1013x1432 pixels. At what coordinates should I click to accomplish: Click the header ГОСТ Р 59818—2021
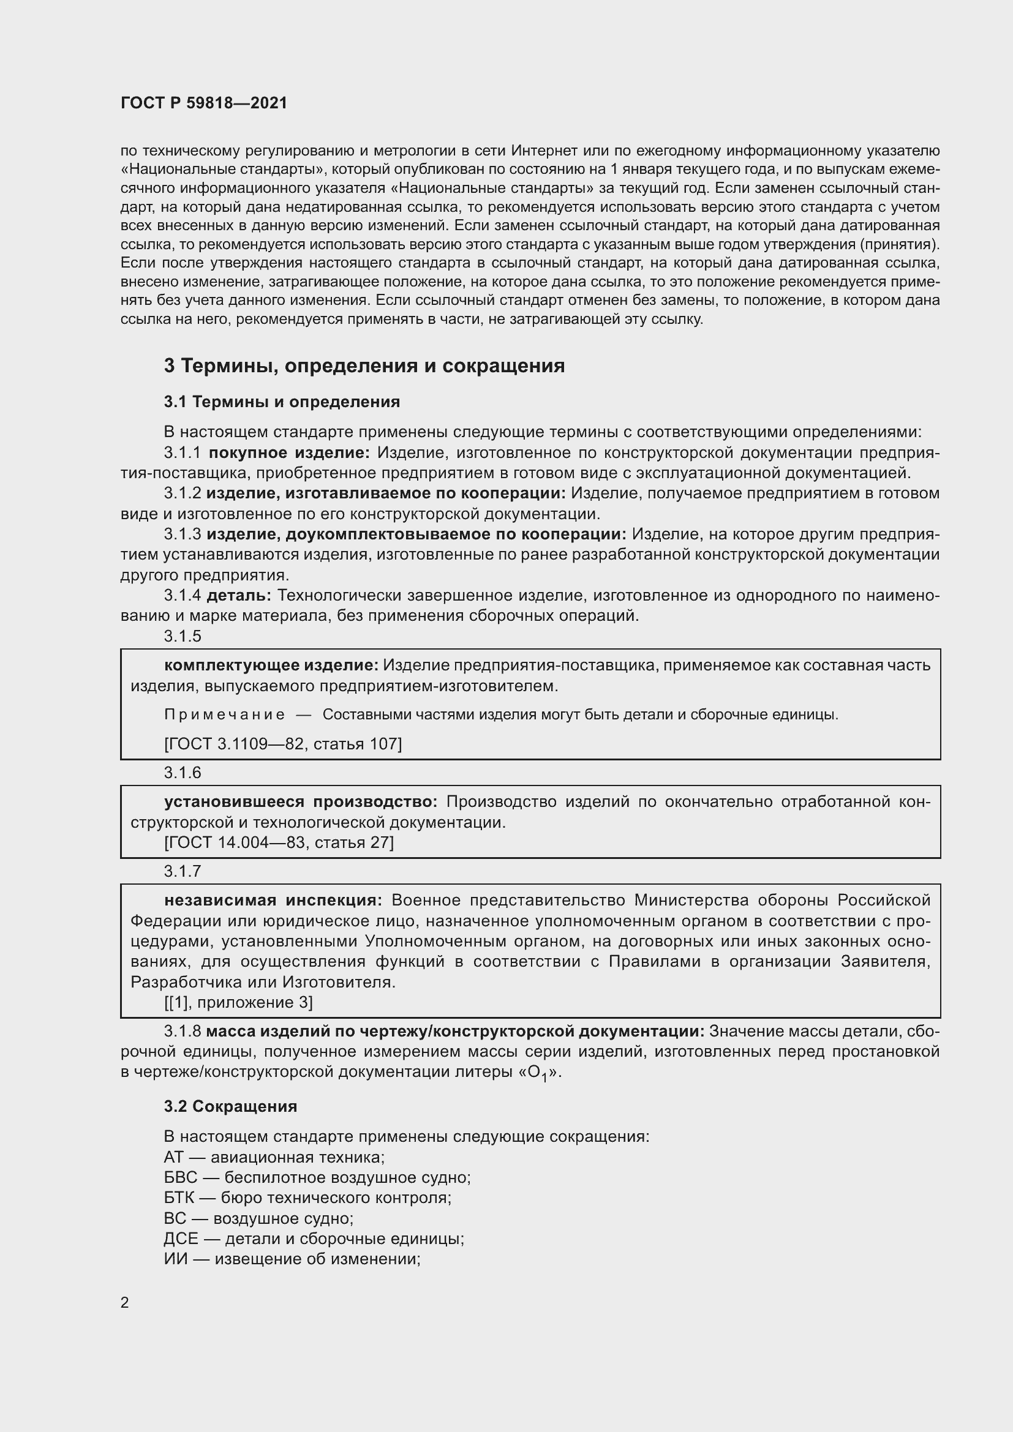[x=204, y=103]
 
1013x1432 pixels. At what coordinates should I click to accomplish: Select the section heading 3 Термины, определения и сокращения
[x=364, y=365]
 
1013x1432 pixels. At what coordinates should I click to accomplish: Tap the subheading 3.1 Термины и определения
[x=282, y=402]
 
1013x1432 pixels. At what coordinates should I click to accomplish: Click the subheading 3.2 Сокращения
[x=230, y=1106]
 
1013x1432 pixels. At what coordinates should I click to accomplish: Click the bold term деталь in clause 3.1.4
[x=238, y=595]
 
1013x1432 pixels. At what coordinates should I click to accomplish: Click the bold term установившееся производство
[x=301, y=801]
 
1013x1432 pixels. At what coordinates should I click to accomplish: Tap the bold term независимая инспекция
[x=273, y=900]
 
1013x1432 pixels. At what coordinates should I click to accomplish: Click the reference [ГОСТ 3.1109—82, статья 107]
[x=282, y=743]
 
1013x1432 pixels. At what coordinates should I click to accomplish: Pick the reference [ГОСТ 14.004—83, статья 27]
[x=279, y=842]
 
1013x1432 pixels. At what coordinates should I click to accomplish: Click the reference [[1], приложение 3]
[x=238, y=1002]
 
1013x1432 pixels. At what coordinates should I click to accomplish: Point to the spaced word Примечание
[x=225, y=714]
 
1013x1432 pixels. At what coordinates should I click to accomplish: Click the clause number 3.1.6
[x=183, y=773]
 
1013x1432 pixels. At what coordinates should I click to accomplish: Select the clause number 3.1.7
[x=183, y=871]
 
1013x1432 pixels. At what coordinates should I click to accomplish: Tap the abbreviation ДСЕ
[x=181, y=1238]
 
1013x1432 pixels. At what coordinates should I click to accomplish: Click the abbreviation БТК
[x=179, y=1198]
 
